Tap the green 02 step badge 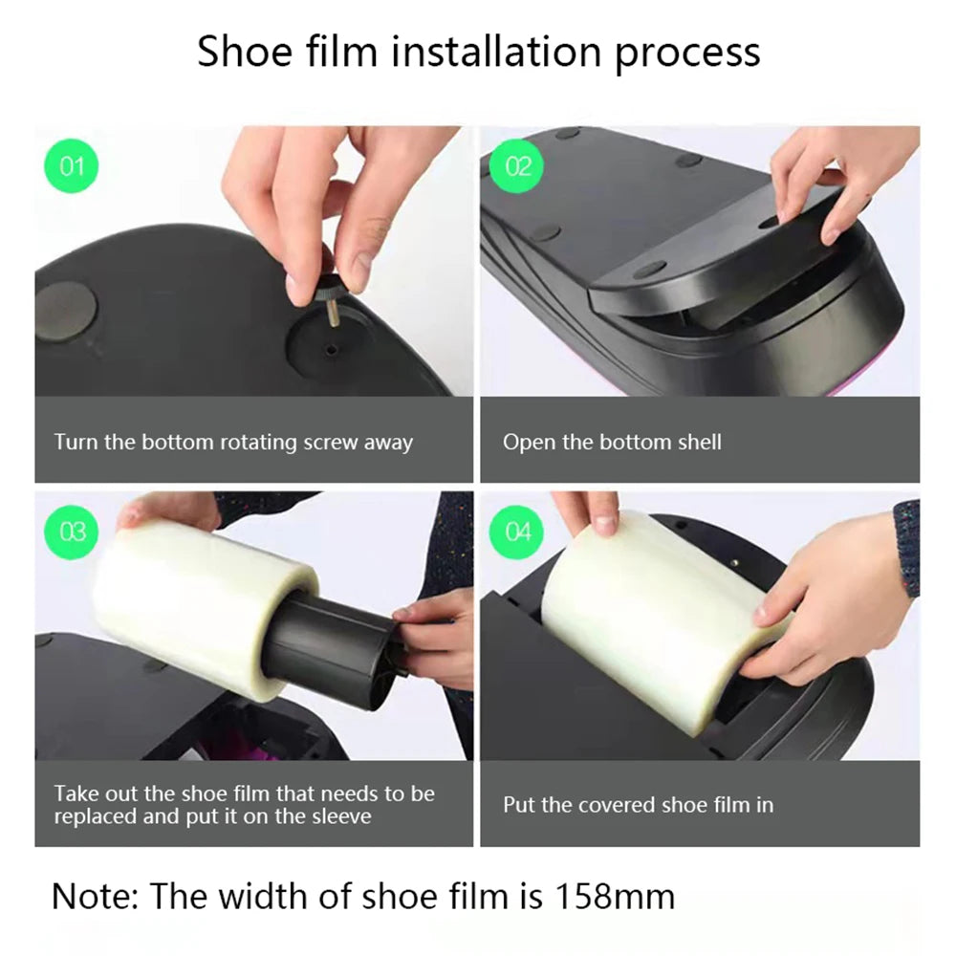(x=517, y=167)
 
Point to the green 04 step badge (x=517, y=532)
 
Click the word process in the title (x=687, y=52)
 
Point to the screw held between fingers (x=324, y=280)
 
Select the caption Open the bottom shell (x=612, y=443)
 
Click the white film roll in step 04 (x=669, y=602)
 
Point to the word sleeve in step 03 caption (x=341, y=816)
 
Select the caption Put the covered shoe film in (x=638, y=805)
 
